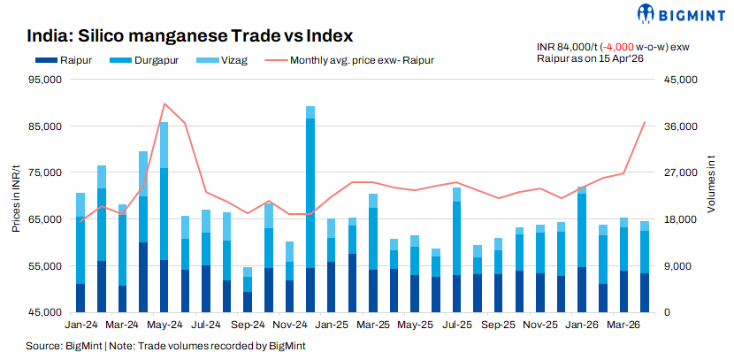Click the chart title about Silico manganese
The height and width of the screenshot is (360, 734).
pos(190,36)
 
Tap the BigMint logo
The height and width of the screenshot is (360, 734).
pos(681,13)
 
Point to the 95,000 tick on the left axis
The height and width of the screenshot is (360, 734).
pos(43,80)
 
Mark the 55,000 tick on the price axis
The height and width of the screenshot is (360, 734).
pos(43,266)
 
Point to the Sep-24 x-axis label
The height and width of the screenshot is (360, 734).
pos(248,325)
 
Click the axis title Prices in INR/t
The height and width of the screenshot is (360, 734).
pos(17,196)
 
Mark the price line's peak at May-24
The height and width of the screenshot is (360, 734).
pos(164,103)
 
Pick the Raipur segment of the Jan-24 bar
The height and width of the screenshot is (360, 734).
pos(80,297)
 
